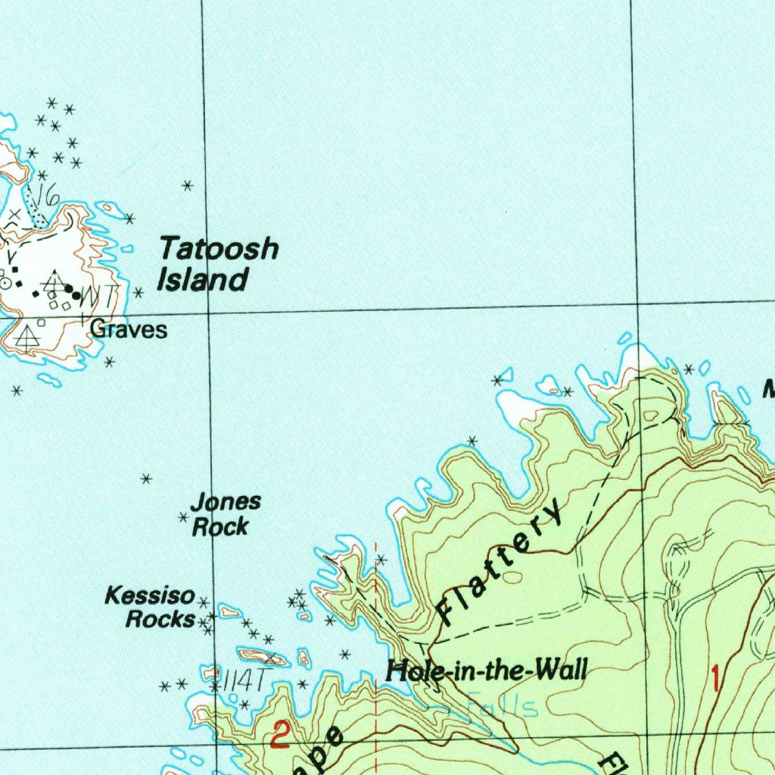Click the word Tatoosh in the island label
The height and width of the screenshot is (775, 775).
219,249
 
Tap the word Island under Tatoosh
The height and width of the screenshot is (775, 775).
202,280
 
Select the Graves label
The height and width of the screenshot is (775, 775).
128,329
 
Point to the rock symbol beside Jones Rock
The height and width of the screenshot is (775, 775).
182,518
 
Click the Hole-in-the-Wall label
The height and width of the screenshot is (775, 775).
486,670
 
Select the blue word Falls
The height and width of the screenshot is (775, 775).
503,708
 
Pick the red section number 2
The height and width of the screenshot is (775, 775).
281,734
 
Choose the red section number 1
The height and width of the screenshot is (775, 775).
714,677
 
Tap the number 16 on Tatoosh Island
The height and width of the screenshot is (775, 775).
48,195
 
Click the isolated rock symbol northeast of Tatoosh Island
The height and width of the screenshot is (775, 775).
188,185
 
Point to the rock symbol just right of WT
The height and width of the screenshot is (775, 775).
138,292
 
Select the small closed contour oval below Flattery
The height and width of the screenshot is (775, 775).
512,577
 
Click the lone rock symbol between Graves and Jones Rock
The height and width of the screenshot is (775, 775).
147,478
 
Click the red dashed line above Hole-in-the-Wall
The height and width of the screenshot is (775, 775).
375,598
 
